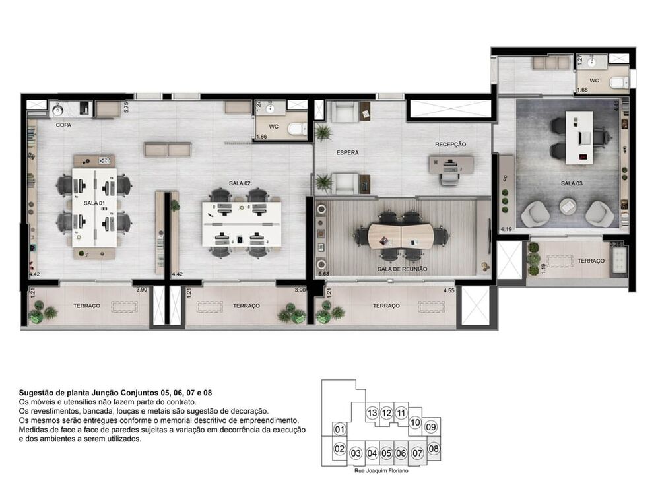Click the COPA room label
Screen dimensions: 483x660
[x=63, y=124]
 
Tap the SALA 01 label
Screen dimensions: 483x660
[x=94, y=203]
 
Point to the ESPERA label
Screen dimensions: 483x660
[x=347, y=153]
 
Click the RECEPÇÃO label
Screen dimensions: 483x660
[x=450, y=144]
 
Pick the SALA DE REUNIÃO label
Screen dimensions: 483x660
[x=402, y=269]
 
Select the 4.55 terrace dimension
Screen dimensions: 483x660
[x=449, y=290]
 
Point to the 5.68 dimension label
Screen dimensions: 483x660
[x=323, y=273]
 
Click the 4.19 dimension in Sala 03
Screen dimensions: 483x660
[x=506, y=229]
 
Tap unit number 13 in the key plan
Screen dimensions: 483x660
[x=372, y=413]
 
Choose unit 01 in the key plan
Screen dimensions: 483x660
[x=340, y=430]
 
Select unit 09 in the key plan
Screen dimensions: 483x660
[x=431, y=427]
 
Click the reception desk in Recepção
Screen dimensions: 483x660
[x=451, y=162]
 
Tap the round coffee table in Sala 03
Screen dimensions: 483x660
[x=568, y=207]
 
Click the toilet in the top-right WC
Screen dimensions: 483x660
[x=619, y=82]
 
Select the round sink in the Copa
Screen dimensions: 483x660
[x=57, y=110]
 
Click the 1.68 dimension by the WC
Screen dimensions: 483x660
[x=582, y=90]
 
